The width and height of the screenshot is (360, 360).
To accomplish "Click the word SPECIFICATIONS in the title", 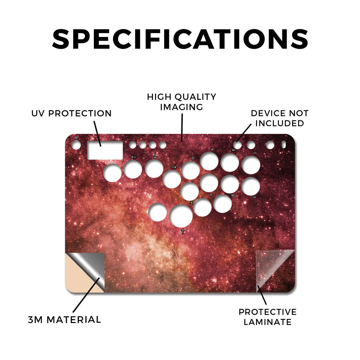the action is click(180, 39).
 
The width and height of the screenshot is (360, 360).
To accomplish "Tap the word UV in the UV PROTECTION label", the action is click(38, 113).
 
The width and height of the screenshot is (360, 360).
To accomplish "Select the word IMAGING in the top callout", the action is click(181, 107).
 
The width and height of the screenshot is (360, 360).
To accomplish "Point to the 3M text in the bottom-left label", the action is click(36, 320).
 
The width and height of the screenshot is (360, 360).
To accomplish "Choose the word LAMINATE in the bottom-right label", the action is click(268, 322).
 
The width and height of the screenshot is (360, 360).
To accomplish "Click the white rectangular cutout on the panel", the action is click(105, 150).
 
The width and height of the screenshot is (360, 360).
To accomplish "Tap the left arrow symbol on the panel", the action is click(134, 157).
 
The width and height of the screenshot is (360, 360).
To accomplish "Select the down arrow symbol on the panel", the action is click(155, 156).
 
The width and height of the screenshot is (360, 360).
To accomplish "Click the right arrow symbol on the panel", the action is click(174, 167).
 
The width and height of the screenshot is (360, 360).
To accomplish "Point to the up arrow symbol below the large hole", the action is click(183, 231).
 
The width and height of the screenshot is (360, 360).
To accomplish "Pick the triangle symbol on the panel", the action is click(212, 149).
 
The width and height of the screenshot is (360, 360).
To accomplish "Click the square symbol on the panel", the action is click(193, 158).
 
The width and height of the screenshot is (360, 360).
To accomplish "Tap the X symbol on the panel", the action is click(192, 203).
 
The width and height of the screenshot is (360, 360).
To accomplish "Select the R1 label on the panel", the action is click(233, 150).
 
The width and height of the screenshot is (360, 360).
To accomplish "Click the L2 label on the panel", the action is click(254, 197).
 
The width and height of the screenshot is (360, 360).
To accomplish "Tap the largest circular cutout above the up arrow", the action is click(181, 216).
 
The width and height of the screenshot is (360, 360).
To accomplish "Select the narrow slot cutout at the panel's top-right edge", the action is click(284, 144).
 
